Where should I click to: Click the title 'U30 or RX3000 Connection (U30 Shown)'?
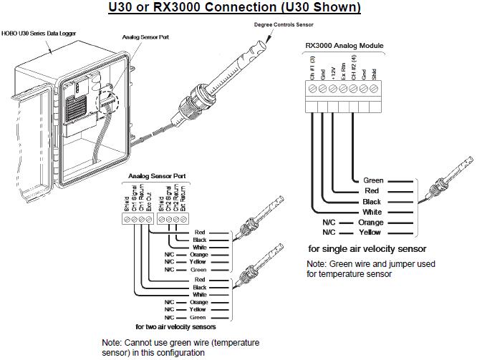(x=234, y=8)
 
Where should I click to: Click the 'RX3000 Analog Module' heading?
(x=344, y=45)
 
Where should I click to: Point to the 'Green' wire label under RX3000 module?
(x=373, y=180)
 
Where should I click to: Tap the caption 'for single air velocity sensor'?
(x=367, y=248)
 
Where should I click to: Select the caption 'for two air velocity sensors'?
(x=175, y=326)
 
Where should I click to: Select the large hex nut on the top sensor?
(x=193, y=93)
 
